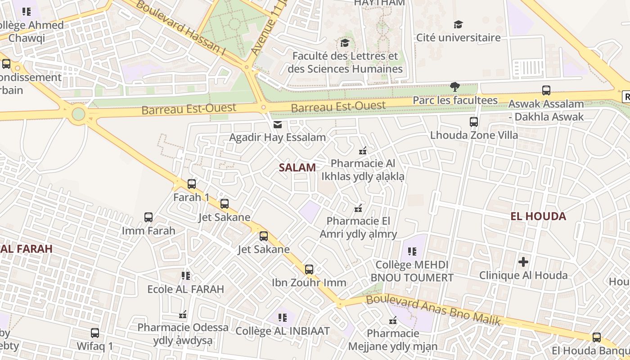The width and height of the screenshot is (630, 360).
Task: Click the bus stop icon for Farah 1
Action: tap(192, 184)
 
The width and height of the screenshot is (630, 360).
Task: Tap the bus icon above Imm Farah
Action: tap(148, 217)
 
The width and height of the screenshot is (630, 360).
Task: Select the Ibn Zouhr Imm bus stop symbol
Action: tap(309, 270)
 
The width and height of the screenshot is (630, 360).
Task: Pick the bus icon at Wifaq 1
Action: tap(95, 333)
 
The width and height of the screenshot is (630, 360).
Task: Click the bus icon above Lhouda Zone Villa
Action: tap(474, 121)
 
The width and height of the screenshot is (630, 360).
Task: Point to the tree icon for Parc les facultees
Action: tap(455, 86)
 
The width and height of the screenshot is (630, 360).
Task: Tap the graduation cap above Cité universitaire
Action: tap(458, 24)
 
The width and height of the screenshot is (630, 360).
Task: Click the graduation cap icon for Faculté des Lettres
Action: tap(345, 43)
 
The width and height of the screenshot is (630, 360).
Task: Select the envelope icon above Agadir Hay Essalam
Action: tap(278, 124)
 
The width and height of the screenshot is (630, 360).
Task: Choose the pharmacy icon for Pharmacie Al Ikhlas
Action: tap(363, 151)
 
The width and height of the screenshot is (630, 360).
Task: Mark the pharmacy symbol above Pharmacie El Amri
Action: tap(358, 208)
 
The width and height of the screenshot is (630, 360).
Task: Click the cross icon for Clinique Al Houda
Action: tap(523, 261)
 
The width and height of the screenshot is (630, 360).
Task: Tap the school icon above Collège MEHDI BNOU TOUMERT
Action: tap(412, 252)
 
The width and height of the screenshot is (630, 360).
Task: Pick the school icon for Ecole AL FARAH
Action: tap(185, 275)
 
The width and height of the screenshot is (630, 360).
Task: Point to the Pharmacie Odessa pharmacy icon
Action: tap(183, 314)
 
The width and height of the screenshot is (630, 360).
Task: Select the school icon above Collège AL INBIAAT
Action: tap(283, 318)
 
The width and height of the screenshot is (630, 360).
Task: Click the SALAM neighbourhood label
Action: tap(297, 167)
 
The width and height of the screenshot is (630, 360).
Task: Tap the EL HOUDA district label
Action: tap(538, 216)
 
